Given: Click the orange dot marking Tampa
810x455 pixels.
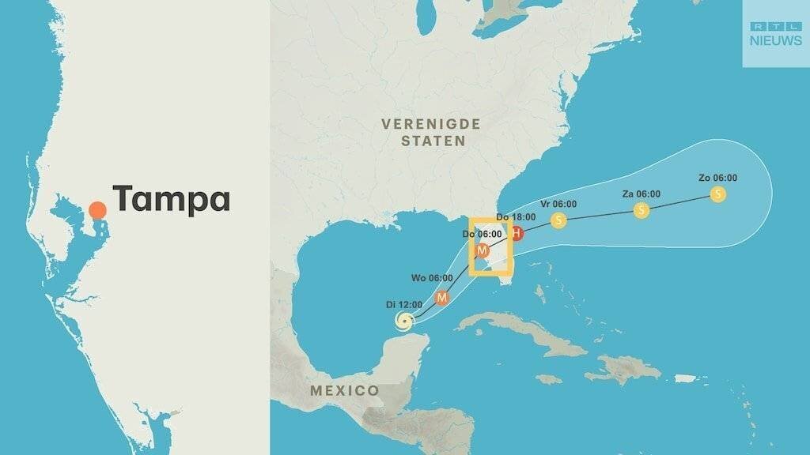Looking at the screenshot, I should click(97, 210).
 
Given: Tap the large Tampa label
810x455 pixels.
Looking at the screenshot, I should click(172, 199).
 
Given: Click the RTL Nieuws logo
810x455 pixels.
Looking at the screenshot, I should click(775, 33).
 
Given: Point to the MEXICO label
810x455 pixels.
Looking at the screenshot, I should click(344, 390).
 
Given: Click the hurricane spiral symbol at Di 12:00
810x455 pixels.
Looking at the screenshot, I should click(404, 321).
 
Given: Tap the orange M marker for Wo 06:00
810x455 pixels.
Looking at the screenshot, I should click(442, 298).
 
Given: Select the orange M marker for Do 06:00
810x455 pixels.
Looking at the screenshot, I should click(482, 251).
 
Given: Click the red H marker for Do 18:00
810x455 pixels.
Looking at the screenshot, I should click(516, 233).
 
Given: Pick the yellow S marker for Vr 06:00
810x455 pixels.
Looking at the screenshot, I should click(558, 220).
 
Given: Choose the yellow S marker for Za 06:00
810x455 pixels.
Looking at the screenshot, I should click(642, 210).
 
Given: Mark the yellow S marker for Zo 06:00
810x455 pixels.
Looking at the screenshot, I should click(717, 194).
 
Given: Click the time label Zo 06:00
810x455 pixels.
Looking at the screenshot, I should click(717, 178).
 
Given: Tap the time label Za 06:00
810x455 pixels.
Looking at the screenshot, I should click(642, 194).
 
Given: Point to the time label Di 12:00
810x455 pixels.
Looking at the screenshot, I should click(404, 304).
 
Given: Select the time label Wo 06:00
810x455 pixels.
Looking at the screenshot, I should click(432, 278).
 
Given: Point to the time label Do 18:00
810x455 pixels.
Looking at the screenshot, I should click(516, 216).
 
